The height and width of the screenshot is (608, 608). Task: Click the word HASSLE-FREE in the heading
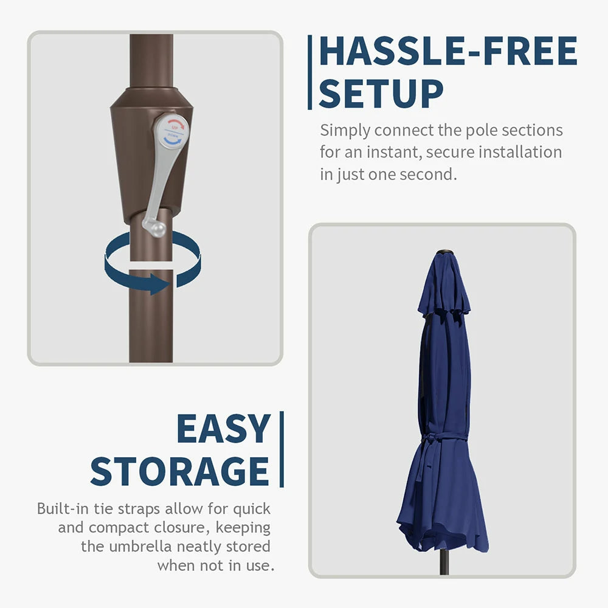pyautogui.click(x=448, y=51)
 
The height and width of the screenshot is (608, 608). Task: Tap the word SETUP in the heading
pyautogui.click(x=381, y=94)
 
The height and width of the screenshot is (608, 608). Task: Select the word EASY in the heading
pyautogui.click(x=223, y=428)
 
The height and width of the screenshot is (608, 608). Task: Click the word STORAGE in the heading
pyautogui.click(x=180, y=471)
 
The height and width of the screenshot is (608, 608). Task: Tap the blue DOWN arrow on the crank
pyautogui.click(x=173, y=140)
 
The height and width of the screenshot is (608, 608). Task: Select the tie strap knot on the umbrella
pyautogui.click(x=431, y=440)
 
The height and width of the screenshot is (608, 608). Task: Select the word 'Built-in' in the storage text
pyautogui.click(x=63, y=508)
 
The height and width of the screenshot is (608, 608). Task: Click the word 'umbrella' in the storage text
pyautogui.click(x=140, y=547)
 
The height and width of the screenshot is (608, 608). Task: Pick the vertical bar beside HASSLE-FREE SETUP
pyautogui.click(x=310, y=72)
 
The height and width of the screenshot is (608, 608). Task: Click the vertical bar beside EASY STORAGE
pyautogui.click(x=282, y=449)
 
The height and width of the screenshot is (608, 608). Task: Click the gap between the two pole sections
pyautogui.click(x=151, y=265)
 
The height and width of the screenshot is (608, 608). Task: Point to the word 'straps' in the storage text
pyautogui.click(x=139, y=509)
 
